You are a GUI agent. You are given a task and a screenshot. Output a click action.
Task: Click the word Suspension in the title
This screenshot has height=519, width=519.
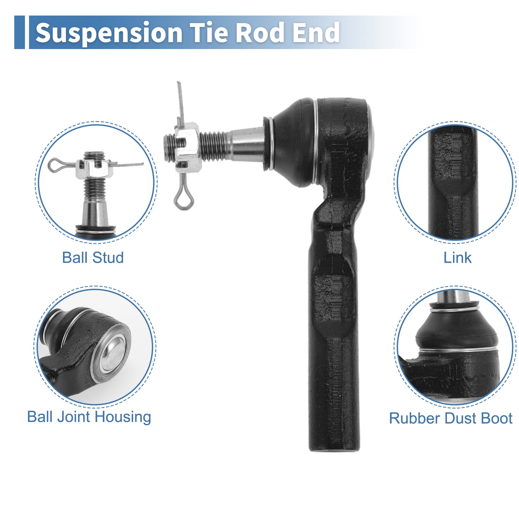coord(109,33)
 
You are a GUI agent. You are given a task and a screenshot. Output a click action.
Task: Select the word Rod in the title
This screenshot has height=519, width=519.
coord(260,32)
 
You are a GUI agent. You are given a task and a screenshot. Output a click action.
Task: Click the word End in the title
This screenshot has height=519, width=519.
coord(316,32)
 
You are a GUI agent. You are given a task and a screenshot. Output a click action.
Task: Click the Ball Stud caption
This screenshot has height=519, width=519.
coord(93,257)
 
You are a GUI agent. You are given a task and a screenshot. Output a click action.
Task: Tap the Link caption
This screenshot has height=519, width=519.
coord(457,257)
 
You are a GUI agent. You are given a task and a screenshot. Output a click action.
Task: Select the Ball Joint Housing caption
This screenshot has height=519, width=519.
coord(89,417)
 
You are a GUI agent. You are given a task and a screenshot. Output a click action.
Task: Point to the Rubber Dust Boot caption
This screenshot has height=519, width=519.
coord(451,418)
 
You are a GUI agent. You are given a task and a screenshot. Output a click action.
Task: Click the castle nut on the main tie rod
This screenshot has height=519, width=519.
coord(188,147)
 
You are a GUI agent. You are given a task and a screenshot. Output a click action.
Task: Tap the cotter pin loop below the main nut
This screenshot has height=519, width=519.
coord(184,200)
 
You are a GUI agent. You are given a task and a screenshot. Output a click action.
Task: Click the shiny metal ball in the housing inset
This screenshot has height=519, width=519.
coord(114,354)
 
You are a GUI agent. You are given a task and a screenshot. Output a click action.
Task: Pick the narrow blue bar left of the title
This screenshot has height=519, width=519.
coord(19,32)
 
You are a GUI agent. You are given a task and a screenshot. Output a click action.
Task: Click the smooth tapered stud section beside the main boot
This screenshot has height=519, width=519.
coord(247,144)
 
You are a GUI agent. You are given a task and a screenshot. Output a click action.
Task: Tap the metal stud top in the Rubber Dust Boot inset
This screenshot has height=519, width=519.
coord(454,297)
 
